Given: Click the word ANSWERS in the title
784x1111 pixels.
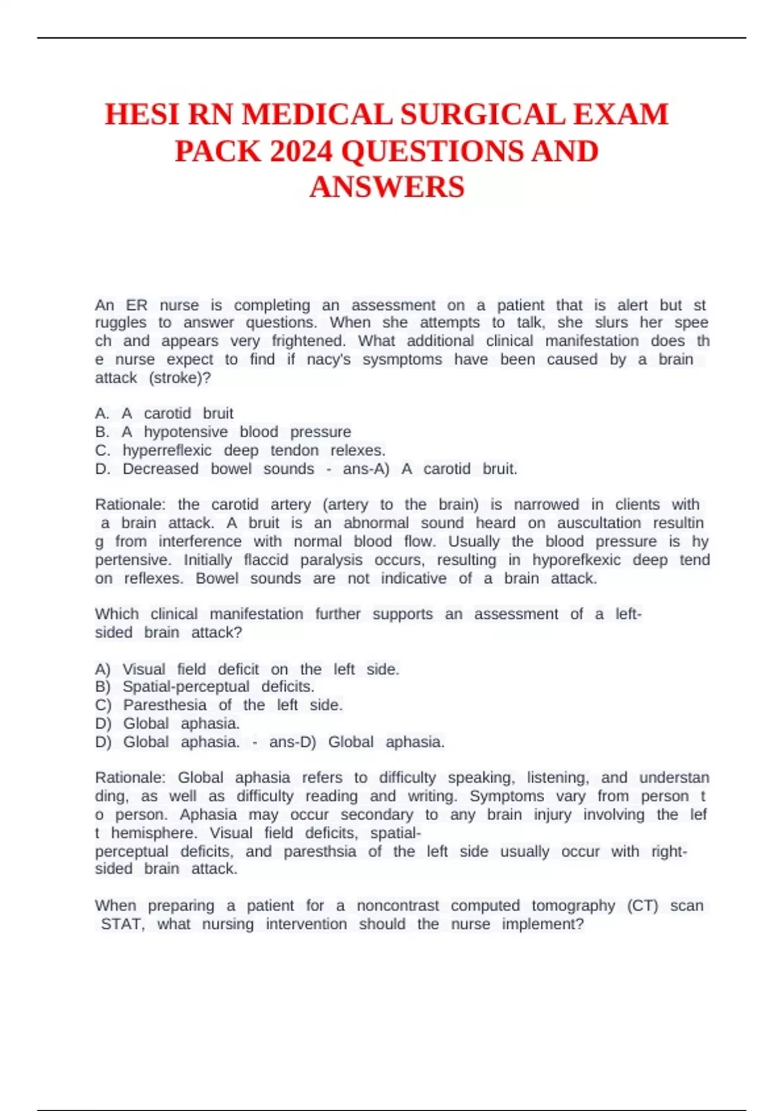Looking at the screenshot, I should click(387, 188).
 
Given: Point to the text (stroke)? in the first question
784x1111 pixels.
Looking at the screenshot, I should click(180, 378).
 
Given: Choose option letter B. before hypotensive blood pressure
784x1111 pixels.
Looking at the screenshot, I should click(102, 432).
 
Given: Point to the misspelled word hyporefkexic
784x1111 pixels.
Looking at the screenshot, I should click(576, 560).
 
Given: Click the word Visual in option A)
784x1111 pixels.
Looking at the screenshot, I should click(144, 669).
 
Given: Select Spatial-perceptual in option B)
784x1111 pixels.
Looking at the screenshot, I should click(186, 687).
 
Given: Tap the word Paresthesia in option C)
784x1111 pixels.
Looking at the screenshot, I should click(165, 705).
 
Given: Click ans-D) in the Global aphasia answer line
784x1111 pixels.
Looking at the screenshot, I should click(292, 742).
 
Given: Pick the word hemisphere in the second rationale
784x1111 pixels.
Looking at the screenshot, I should click(154, 833).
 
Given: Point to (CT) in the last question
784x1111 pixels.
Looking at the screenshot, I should click(642, 906).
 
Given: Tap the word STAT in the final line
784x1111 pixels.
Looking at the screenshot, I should click(122, 924).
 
